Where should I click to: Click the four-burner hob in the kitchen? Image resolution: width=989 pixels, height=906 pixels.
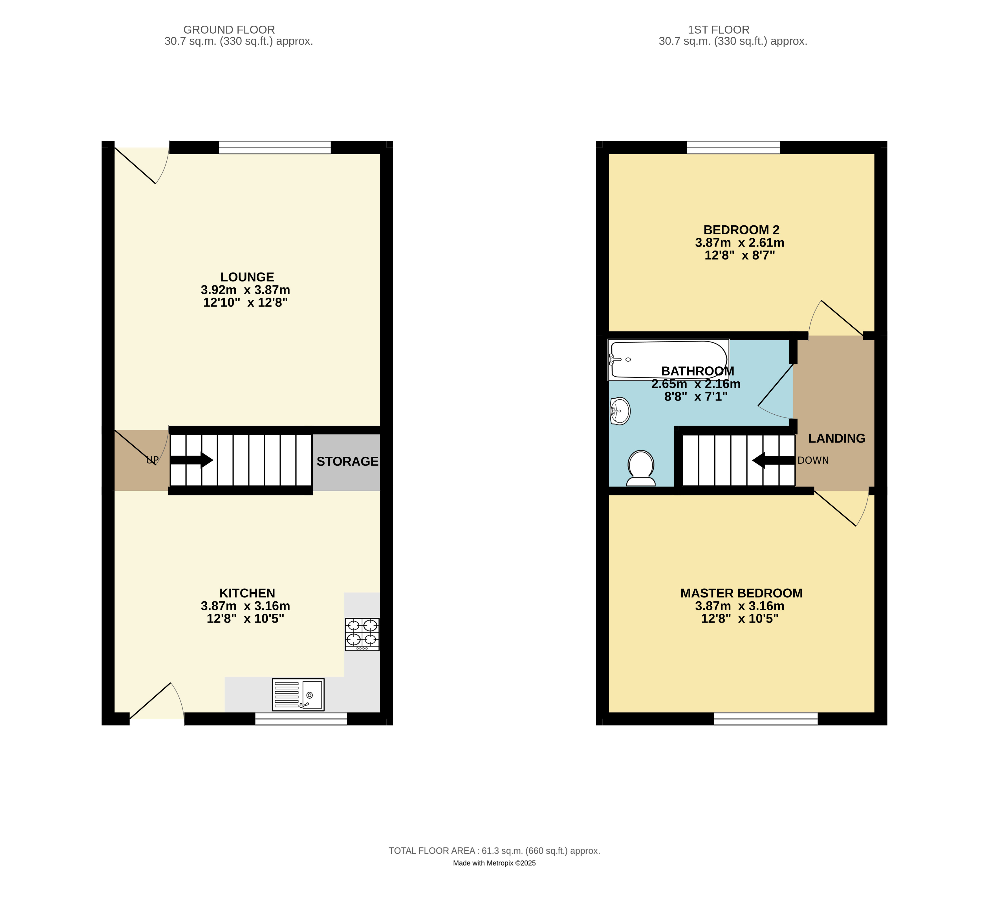tap(362, 634)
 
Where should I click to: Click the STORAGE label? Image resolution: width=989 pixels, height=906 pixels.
tap(347, 461)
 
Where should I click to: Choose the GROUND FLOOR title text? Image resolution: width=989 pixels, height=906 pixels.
tap(229, 30)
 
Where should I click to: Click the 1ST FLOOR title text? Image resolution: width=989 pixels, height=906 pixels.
tap(718, 30)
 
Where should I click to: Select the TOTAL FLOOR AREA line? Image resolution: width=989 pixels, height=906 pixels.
tap(495, 850)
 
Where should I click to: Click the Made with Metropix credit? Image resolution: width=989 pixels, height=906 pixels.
tap(495, 863)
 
